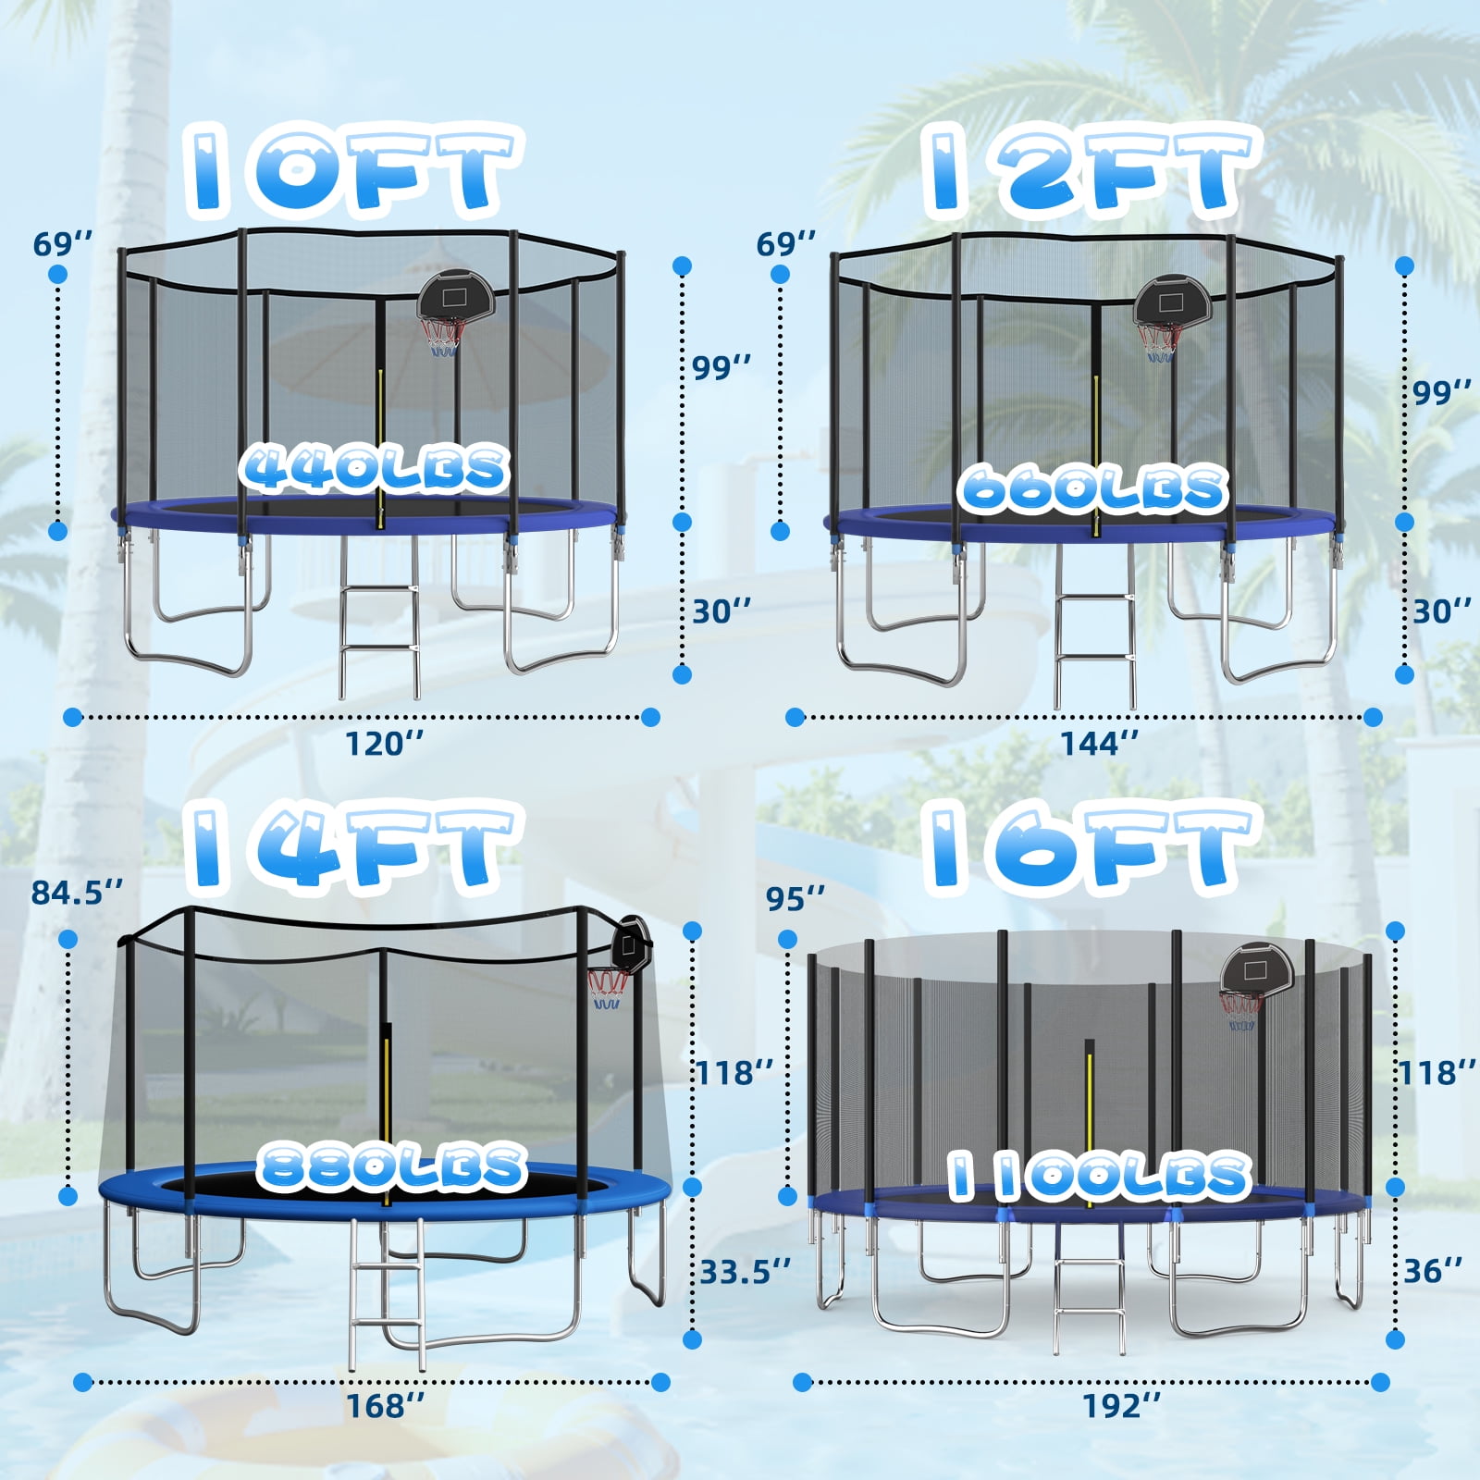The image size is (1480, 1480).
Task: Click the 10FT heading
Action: (352, 171)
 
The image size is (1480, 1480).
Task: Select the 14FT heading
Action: (352, 846)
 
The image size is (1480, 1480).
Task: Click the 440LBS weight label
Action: (375, 468)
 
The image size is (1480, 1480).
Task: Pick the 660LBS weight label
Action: (1093, 488)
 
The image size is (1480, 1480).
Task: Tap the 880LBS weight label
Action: (391, 1165)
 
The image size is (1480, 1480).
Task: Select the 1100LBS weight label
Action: (1099, 1177)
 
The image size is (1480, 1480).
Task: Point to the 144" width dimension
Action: (1099, 743)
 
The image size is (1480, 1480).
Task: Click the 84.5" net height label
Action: (77, 893)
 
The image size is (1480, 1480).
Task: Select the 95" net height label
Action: (795, 897)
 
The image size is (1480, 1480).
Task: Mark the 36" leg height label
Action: (1433, 1271)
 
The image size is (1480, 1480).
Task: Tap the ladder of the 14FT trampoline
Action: (387, 1293)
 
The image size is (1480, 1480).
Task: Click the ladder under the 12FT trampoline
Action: (1094, 625)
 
